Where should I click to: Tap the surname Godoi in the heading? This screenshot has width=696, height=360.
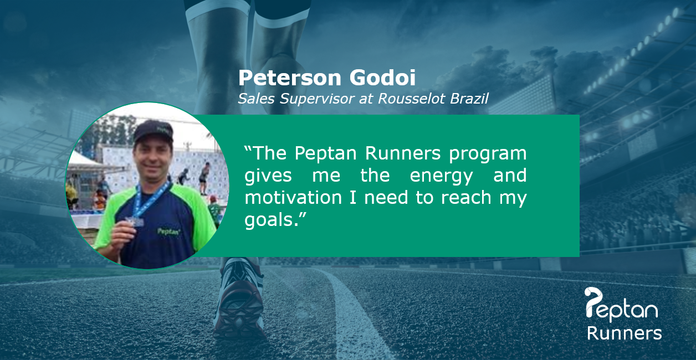[x=382, y=78]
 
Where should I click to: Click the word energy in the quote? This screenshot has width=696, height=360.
[x=441, y=176]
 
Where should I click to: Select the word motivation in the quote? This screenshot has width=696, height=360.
[x=293, y=197]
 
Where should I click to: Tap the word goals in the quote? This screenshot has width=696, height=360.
[x=268, y=220]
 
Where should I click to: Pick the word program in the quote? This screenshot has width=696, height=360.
[x=488, y=154]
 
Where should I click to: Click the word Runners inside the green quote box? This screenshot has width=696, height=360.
[x=403, y=153]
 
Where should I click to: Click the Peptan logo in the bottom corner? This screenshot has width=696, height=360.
[x=621, y=305]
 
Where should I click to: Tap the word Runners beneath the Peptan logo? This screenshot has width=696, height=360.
[x=624, y=333]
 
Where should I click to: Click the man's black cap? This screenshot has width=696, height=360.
[x=153, y=131]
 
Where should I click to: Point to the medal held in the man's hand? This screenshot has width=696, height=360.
[x=135, y=222]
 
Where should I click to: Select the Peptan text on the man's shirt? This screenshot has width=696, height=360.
[x=168, y=232]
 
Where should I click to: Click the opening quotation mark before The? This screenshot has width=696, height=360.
[x=248, y=148]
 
